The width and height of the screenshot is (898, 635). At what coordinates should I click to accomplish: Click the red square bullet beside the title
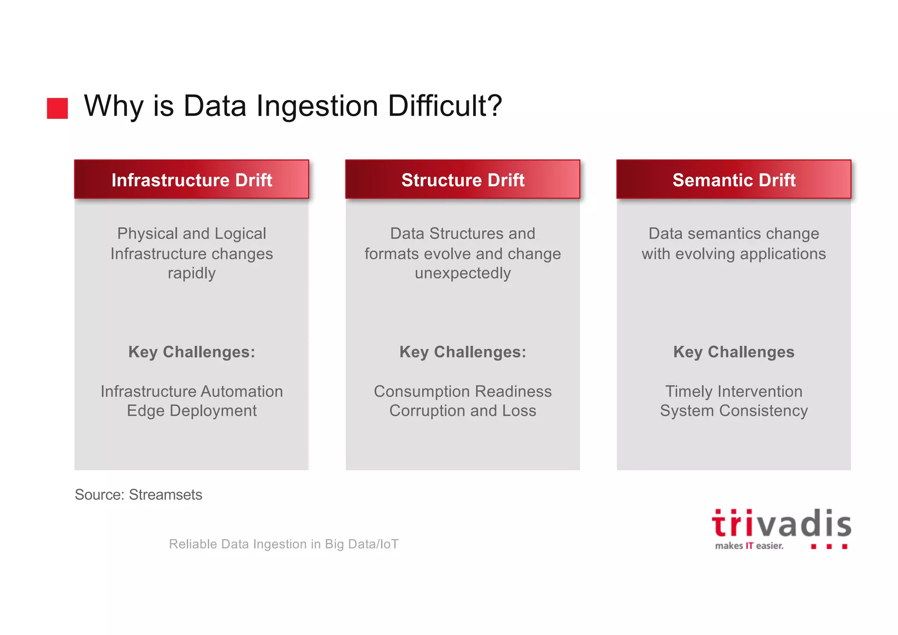[57, 108]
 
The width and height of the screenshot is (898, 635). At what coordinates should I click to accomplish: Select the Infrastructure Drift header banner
[192, 179]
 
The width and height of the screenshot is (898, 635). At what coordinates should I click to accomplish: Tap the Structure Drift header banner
[463, 179]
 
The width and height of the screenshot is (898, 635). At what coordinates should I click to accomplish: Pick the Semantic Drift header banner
[734, 179]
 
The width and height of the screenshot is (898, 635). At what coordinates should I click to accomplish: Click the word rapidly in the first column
[192, 273]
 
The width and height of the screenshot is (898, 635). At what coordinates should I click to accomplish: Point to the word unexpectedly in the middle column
[463, 273]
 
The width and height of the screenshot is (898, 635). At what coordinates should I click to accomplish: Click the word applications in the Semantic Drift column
[783, 254]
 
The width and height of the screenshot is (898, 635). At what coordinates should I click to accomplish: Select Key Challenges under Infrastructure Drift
[192, 352]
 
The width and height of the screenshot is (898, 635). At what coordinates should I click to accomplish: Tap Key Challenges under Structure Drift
[463, 352]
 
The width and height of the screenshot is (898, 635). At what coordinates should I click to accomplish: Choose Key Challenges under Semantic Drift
[734, 352]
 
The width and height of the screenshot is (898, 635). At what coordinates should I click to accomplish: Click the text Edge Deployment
[192, 411]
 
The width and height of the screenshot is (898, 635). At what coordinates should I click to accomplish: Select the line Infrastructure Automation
[192, 391]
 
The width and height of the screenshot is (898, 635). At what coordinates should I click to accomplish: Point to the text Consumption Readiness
[463, 391]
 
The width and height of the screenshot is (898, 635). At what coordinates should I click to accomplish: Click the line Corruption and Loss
[463, 411]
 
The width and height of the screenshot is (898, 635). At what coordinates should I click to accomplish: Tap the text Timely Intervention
[734, 391]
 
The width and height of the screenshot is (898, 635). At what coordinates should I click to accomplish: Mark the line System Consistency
[734, 411]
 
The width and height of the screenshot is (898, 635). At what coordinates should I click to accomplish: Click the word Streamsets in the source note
[165, 495]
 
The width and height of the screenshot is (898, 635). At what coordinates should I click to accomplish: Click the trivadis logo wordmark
[781, 524]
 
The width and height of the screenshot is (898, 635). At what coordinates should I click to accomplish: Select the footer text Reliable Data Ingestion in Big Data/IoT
[284, 544]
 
